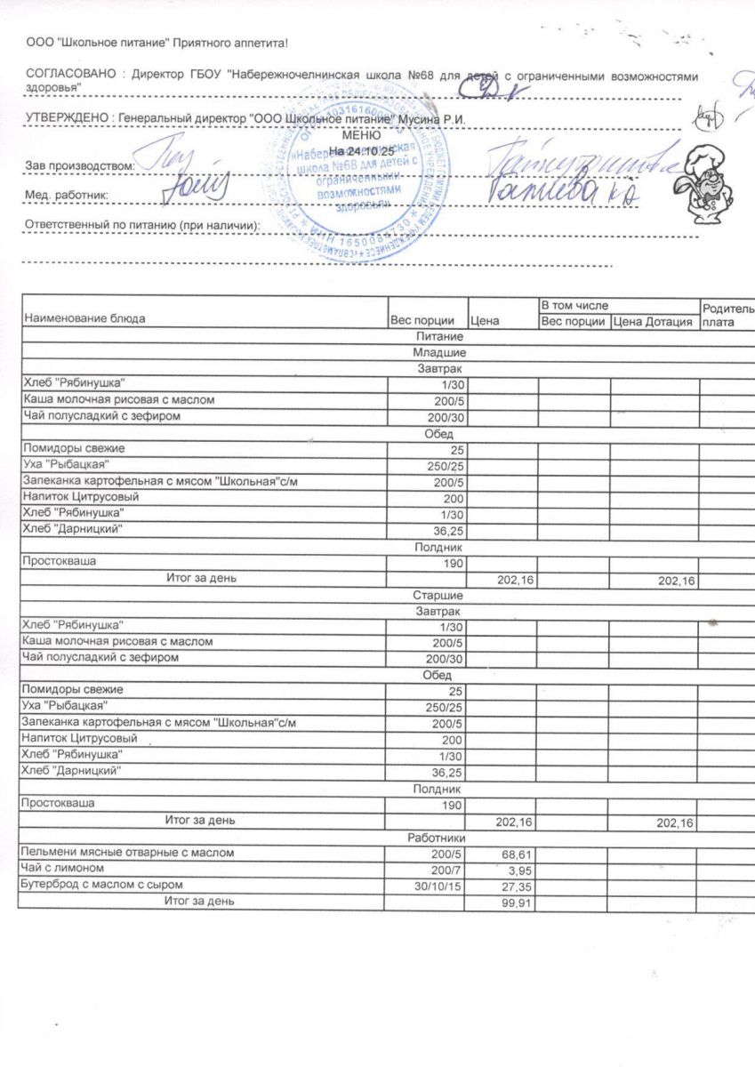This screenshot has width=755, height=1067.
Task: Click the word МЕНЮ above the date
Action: pyautogui.click(x=361, y=135)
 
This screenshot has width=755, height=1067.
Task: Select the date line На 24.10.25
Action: pyautogui.click(x=361, y=152)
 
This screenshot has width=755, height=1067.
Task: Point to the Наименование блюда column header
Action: pyautogui.click(x=84, y=318)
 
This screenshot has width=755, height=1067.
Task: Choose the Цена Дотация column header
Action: pyautogui.click(x=654, y=321)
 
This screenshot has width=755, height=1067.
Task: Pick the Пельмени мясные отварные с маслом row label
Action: pyautogui.click(x=128, y=853)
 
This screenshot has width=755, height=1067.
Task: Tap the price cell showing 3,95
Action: pyautogui.click(x=519, y=869)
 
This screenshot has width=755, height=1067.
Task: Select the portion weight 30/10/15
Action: pyautogui.click(x=440, y=885)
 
